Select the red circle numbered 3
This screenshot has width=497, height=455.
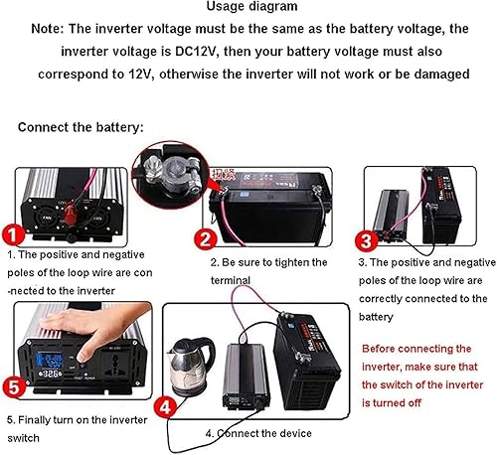click(x=366, y=239)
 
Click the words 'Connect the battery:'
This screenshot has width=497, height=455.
click(x=81, y=127)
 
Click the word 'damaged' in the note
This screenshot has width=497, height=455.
click(x=439, y=74)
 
